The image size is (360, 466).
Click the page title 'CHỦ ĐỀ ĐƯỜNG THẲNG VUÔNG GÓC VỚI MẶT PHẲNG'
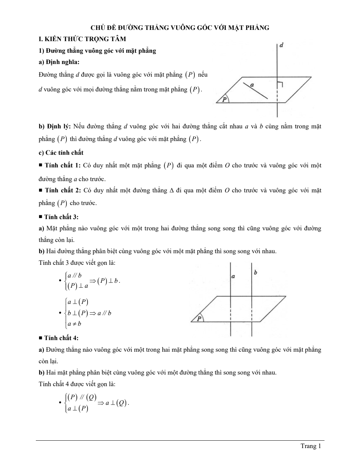pyautogui.click(x=180, y=28)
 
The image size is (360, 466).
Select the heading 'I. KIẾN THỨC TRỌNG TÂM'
pyautogui.click(x=82, y=39)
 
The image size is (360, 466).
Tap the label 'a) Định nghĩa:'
pyautogui.click(x=59, y=62)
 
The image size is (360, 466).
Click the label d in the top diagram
pyautogui.click(x=282, y=45)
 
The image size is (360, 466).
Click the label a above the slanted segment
pyautogui.click(x=252, y=85)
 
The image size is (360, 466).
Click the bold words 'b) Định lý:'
pyautogui.click(x=54, y=126)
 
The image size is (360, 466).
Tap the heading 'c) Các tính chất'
pyautogui.click(x=61, y=153)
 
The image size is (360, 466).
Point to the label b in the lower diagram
pyautogui.click(x=256, y=273)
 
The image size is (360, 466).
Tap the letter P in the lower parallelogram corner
pyautogui.click(x=199, y=319)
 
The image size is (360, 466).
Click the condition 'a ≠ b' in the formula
pyautogui.click(x=75, y=324)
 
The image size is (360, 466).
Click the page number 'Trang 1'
pyautogui.click(x=311, y=446)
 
